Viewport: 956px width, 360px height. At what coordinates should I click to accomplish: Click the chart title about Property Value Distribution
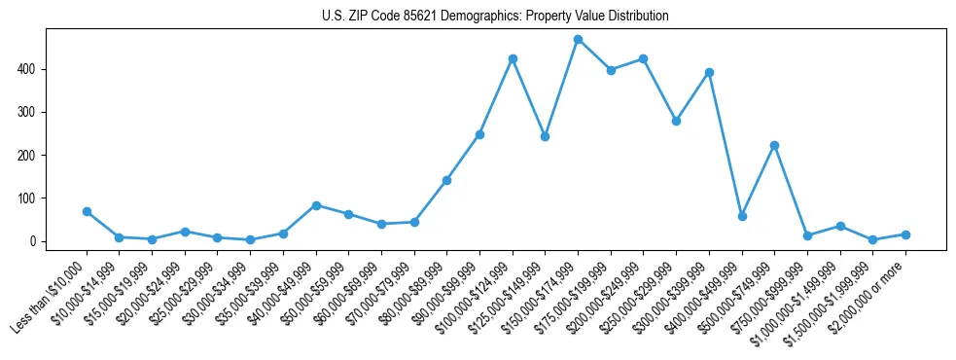(495, 17)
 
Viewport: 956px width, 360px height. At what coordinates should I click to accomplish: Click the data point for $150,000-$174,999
(578, 40)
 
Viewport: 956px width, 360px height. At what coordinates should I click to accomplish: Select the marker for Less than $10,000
(87, 211)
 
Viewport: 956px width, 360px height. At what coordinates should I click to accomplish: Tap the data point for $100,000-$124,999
(513, 59)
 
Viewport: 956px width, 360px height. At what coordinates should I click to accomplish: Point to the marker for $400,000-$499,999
(742, 216)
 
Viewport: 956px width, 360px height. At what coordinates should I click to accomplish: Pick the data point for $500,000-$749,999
(774, 145)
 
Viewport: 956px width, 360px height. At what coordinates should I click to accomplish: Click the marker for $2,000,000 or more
(905, 234)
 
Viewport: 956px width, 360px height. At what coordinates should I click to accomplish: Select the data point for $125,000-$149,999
(546, 137)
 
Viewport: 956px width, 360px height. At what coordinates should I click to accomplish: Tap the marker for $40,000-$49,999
(316, 205)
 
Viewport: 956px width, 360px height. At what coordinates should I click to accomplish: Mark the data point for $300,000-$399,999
(709, 72)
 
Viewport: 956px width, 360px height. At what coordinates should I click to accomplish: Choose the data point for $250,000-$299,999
(676, 122)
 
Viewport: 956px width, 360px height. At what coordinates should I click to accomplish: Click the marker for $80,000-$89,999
(446, 180)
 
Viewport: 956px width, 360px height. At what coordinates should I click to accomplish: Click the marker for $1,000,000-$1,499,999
(840, 226)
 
